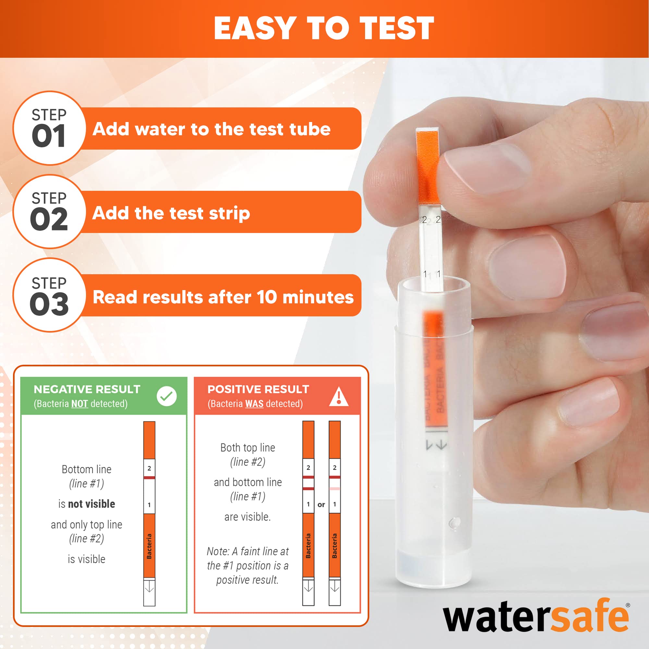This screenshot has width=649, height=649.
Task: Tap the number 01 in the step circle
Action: coord(49,136)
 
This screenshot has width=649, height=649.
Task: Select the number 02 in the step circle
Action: coord(49,219)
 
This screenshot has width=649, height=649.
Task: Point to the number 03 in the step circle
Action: coord(49,304)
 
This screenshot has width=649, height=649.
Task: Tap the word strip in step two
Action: coord(229,213)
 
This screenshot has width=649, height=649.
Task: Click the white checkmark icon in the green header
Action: coord(166,397)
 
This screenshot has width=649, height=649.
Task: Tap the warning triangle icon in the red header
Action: coord(338,397)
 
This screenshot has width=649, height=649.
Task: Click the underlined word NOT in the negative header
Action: coord(80,404)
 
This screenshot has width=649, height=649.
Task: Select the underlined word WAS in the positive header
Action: coord(254,404)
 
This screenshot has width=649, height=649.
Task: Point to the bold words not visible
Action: coord(92,504)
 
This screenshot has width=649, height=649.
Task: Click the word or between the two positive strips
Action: coord(321,505)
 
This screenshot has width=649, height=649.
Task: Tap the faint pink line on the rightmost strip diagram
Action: coord(335,489)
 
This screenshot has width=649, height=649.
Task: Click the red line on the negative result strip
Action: coord(149,477)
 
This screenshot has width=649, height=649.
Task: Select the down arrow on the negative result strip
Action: coord(149,589)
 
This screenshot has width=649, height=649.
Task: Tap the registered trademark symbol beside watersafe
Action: coord(628,606)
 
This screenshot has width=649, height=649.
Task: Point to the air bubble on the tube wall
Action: coord(455,523)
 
